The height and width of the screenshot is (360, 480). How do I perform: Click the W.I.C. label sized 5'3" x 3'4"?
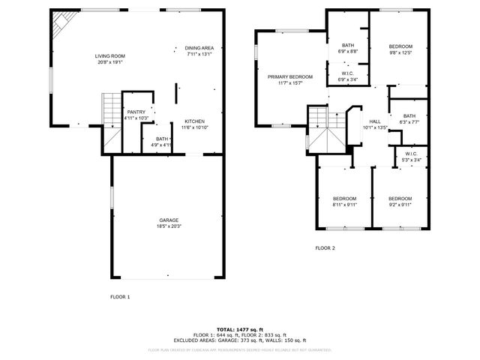coord(410,156)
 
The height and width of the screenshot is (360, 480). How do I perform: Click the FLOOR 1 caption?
coord(120,297)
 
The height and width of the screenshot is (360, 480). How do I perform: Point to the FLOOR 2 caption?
coord(325,247)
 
